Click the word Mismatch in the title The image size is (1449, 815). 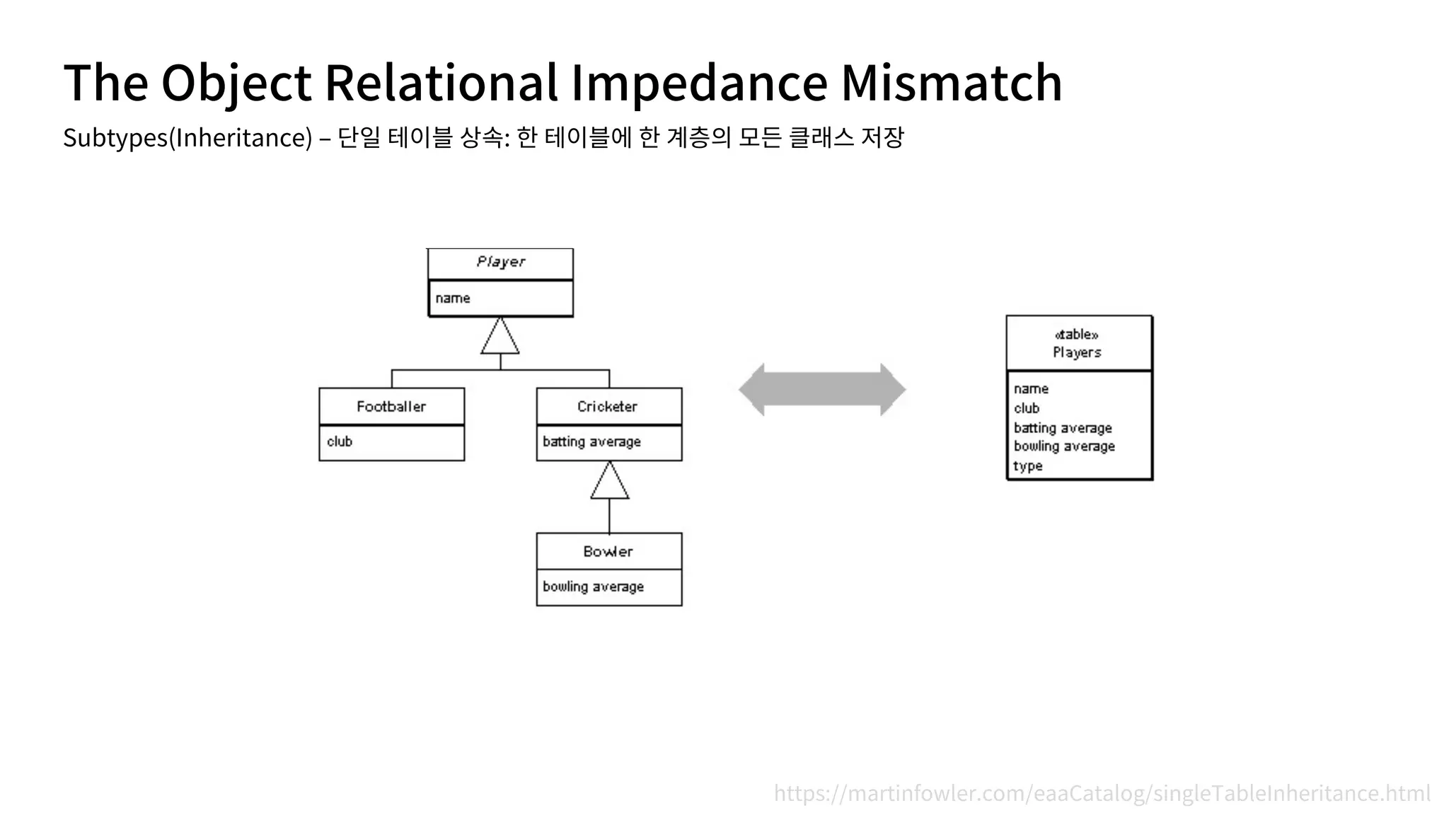click(951, 82)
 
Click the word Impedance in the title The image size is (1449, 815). click(698, 82)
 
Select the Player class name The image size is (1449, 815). click(500, 262)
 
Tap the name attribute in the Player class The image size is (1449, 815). click(453, 299)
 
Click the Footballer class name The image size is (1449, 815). click(391, 407)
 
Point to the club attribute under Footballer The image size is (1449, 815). click(340, 441)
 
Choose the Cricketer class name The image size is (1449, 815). click(607, 407)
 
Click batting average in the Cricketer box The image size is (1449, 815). click(591, 442)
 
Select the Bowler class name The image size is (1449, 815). click(608, 552)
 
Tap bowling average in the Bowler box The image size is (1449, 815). click(593, 586)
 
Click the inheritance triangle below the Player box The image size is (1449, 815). click(500, 338)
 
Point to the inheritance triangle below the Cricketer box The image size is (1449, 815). click(609, 483)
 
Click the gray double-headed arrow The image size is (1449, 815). click(822, 390)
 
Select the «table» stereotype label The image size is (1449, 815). click(1076, 335)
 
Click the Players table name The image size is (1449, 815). click(1077, 352)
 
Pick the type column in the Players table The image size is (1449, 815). click(1027, 466)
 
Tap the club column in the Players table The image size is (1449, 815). click(1027, 408)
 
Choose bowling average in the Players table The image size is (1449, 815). click(1064, 446)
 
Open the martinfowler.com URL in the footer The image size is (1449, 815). click(1102, 793)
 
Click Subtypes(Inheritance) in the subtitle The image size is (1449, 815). click(187, 137)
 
